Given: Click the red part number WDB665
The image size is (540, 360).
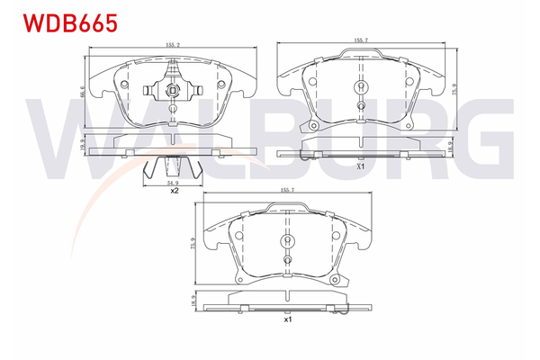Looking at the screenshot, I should (x=61, y=23).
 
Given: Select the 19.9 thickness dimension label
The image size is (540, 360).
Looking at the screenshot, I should (x=82, y=144).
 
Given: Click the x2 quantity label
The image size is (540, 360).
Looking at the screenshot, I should (x=174, y=191).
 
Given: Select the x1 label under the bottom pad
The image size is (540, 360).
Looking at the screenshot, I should (x=288, y=319).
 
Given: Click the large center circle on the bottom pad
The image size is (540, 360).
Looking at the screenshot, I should (x=288, y=240).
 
